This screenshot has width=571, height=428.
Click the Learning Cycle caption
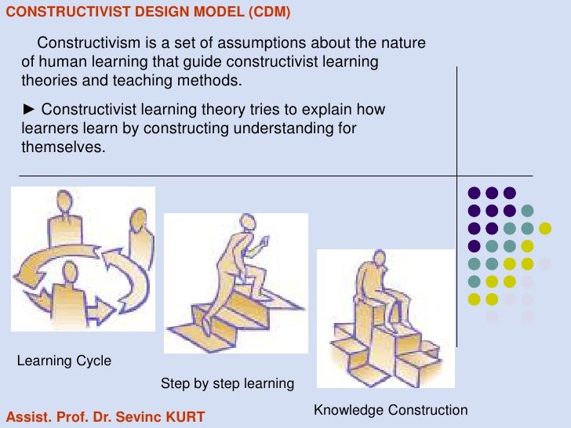pos(64,361)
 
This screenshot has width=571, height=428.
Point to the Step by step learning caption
pos(227,383)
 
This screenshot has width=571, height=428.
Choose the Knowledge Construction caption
pos(390,410)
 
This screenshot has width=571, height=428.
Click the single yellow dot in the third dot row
pos(545,228)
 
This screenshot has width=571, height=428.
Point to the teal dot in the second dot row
pos(527,210)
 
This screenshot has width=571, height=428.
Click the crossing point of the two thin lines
pos(456,175)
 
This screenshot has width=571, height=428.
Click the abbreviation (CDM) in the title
pos(271,12)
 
